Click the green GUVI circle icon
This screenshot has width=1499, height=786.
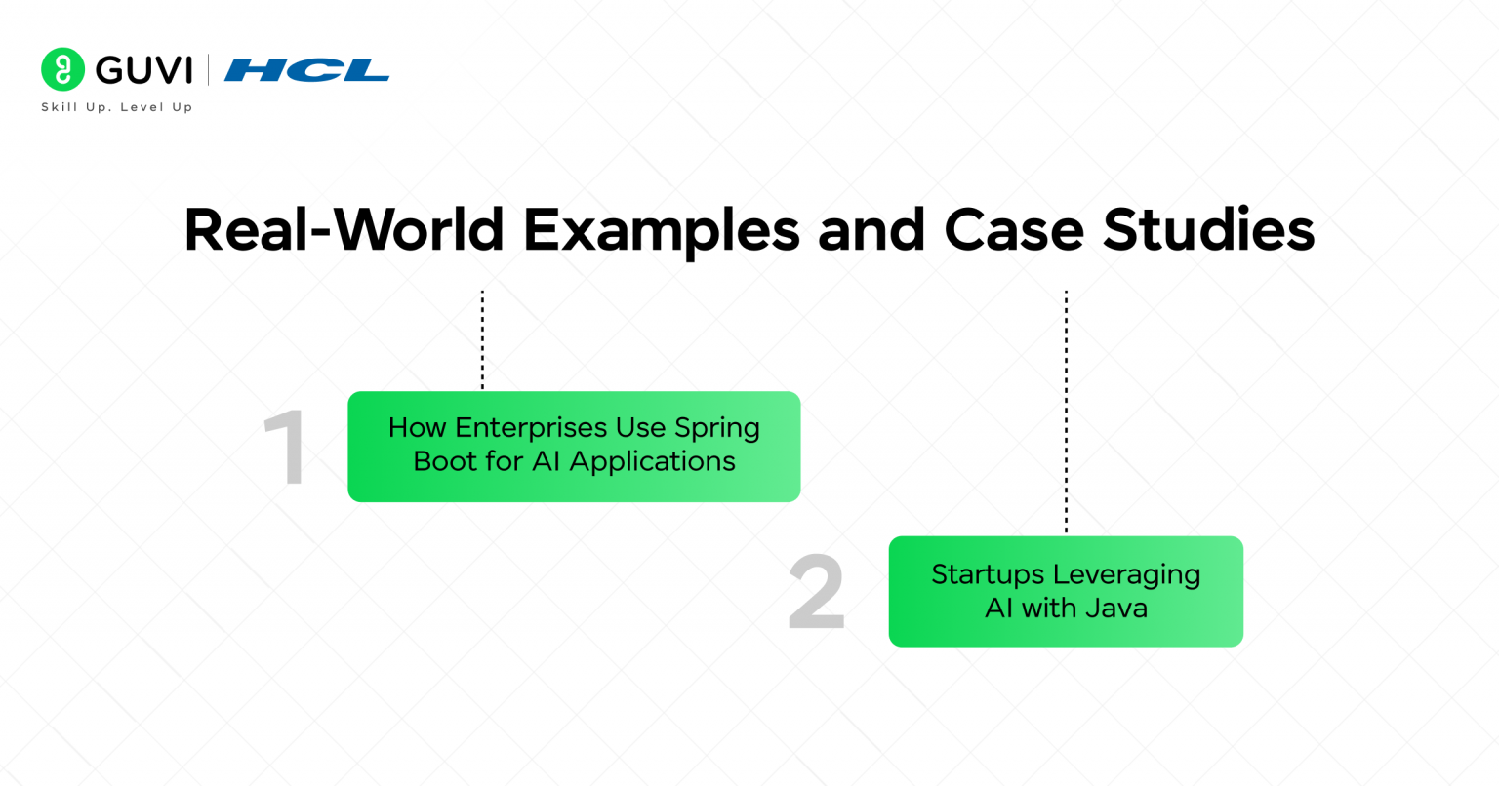(62, 69)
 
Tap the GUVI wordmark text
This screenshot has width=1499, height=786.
(144, 70)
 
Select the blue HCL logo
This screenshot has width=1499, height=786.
(306, 70)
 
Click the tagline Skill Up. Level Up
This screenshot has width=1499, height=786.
(116, 107)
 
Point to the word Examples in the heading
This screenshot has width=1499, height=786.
(661, 230)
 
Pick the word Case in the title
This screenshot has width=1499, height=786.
(1014, 230)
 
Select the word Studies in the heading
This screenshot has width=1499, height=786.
(1209, 230)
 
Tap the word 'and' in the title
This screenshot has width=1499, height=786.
(871, 230)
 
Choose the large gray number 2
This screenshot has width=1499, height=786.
(816, 593)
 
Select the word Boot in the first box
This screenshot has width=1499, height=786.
(445, 461)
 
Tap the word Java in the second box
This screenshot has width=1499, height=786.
(1113, 609)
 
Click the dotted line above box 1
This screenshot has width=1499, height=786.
(482, 339)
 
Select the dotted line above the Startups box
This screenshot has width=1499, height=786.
(1066, 411)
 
